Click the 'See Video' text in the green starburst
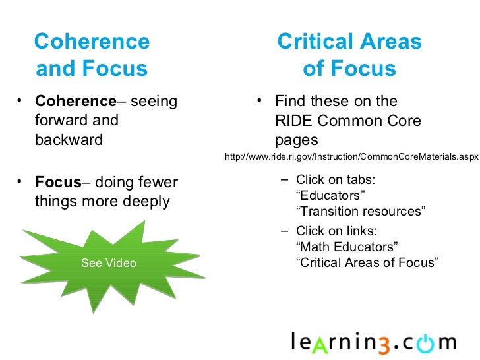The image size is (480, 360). [108, 264]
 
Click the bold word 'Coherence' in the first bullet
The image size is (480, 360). [75, 102]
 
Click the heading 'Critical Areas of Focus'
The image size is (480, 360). [349, 55]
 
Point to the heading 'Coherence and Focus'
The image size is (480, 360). [92, 55]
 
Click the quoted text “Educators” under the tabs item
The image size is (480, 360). [330, 196]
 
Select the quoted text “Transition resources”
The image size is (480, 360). [361, 211]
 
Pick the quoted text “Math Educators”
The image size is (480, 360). [347, 247]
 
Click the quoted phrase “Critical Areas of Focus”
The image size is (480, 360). [367, 262]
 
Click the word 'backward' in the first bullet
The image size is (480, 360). [69, 140]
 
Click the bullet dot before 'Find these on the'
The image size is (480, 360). [260, 100]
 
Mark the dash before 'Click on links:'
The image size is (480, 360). [284, 231]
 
